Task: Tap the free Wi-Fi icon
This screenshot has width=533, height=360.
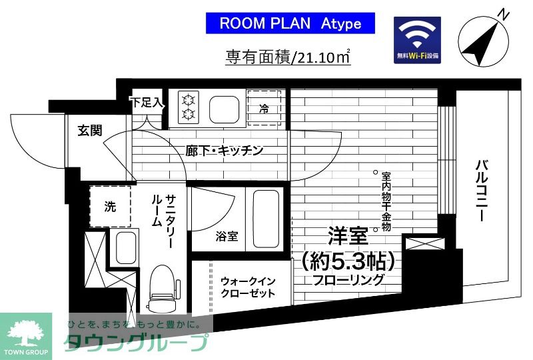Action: pos(418,40)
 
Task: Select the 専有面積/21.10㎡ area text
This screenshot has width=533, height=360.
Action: pos(287,57)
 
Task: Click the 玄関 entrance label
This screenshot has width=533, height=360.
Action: pos(89,130)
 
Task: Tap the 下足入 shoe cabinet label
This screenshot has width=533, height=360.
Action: pos(145,103)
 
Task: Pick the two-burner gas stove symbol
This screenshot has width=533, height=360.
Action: pos(188,107)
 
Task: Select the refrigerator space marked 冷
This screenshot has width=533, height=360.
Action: pos(264,107)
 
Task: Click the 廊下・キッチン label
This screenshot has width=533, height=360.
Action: pos(224,151)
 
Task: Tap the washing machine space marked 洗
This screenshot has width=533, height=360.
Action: pos(110,207)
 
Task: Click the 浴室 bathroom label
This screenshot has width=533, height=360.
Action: pos(227,237)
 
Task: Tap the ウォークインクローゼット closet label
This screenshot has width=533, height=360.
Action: pos(247,287)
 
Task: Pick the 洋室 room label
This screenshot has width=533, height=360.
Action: pos(348,236)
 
